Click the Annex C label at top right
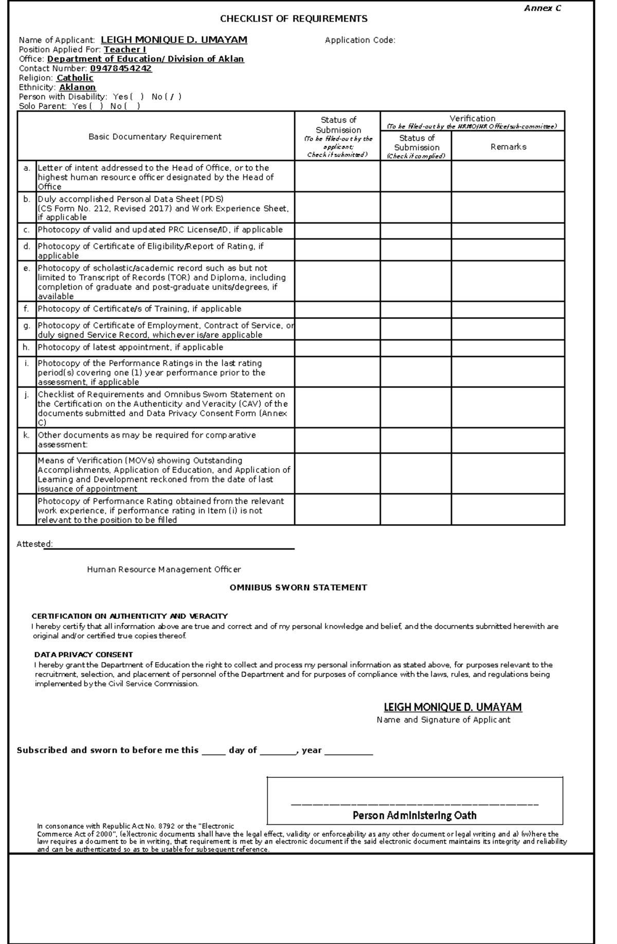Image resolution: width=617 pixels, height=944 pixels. coord(542,8)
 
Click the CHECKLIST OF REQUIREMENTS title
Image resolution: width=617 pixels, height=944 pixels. coord(294,19)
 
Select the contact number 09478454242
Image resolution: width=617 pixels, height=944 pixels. coord(121,68)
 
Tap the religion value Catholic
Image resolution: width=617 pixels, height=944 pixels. coord(75,78)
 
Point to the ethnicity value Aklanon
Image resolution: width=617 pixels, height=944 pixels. coord(77,87)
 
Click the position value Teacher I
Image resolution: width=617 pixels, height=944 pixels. coord(125,49)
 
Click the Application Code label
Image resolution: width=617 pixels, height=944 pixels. coord(360,40)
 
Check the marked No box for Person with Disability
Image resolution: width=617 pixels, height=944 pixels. coord(173,97)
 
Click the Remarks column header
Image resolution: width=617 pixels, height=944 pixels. coord(508,147)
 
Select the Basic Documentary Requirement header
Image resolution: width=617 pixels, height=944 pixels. coord(155,137)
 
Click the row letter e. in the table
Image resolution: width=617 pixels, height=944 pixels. coord(27,268)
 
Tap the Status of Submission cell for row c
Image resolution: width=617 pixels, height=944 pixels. coord(337,230)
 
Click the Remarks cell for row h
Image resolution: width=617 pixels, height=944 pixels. coord(508,348)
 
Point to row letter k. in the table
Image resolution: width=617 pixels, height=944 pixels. coord(27,435)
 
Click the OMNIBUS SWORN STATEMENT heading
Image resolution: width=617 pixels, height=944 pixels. coord(298,587)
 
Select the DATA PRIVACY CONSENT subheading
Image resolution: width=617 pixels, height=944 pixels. coord(83,654)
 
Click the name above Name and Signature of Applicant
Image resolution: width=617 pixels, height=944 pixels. coord(452,707)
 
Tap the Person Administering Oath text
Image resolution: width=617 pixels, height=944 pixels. coord(414,815)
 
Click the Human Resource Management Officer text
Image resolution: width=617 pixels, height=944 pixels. coord(164,569)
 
